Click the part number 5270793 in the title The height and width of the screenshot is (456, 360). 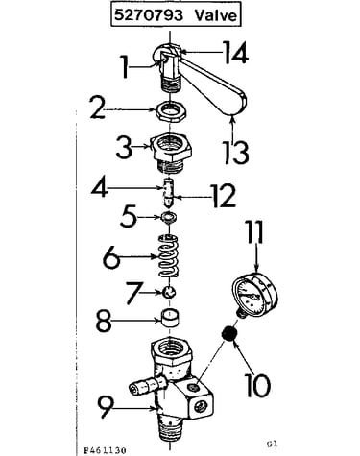[149, 15]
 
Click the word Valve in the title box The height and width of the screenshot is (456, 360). [216, 15]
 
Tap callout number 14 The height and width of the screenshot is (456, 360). [235, 52]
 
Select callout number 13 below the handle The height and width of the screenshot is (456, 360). [236, 153]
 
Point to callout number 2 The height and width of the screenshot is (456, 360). [98, 108]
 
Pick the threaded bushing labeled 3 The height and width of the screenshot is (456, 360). [171, 151]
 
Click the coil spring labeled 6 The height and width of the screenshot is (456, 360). [169, 256]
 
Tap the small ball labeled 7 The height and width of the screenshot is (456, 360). [169, 292]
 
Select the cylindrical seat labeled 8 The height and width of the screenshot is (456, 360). [169, 318]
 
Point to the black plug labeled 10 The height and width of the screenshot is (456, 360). [229, 334]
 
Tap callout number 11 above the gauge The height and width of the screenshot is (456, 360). [255, 232]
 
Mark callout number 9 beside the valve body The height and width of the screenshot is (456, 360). [108, 406]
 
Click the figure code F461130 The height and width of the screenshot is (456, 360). [105, 450]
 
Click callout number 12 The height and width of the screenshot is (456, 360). [224, 196]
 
